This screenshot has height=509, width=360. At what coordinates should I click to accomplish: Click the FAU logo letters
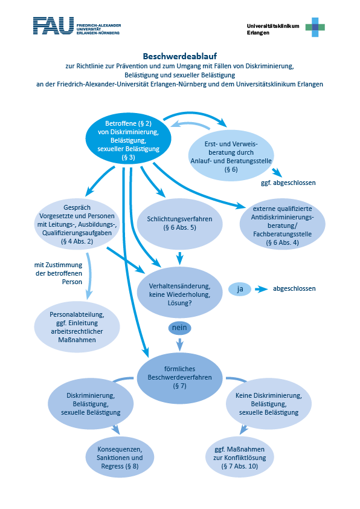(54, 25)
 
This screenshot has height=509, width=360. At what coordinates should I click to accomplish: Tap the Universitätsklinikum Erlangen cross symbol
(315, 27)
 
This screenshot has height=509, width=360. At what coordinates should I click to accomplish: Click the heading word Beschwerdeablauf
(179, 56)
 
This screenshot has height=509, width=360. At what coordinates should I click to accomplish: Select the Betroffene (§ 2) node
(128, 140)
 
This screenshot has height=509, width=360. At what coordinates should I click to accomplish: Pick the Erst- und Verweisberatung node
(231, 156)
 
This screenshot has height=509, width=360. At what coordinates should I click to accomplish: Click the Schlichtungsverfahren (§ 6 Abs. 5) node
(179, 224)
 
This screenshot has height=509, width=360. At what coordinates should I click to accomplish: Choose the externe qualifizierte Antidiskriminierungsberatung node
(282, 225)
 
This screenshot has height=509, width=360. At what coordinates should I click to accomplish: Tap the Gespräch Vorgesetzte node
(77, 224)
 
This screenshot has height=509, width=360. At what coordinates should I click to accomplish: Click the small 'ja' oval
(240, 289)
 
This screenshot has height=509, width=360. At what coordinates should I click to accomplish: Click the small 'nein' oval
(179, 328)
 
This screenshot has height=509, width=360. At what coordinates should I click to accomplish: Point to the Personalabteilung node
(77, 327)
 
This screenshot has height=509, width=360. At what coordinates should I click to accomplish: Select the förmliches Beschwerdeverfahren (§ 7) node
(179, 378)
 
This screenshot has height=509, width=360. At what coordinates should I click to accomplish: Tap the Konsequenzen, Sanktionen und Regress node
(120, 458)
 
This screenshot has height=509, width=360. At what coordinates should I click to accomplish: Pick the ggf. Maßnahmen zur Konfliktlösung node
(240, 458)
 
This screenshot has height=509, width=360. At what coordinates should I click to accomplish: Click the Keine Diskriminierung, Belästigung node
(269, 404)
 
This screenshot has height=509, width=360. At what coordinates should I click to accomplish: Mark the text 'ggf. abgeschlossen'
(288, 183)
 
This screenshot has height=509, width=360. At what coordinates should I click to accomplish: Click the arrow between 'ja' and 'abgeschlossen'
(262, 289)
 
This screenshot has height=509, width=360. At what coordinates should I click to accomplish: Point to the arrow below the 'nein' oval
(179, 345)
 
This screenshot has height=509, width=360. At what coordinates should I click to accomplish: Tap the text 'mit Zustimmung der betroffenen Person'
(59, 273)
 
